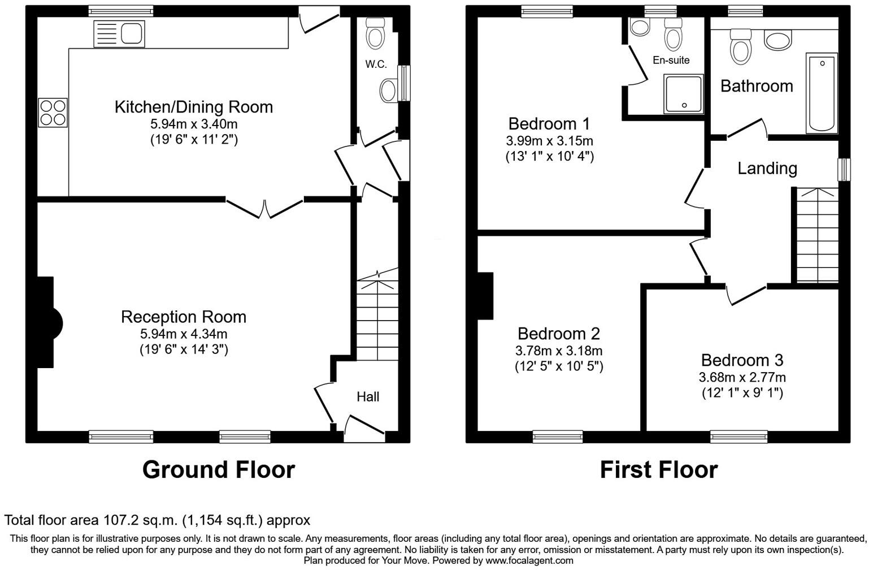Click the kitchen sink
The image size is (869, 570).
(x=119, y=33)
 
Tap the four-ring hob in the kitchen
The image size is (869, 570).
(x=53, y=112)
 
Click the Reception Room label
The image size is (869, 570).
(x=183, y=317)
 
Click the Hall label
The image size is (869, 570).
(x=368, y=397)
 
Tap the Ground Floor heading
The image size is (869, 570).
(x=218, y=470)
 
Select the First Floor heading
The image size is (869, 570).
(x=658, y=470)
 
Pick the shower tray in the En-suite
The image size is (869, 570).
(x=684, y=93)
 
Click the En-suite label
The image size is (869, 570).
(x=671, y=60)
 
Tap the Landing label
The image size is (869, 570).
(x=767, y=168)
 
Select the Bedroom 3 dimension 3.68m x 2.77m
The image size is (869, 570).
(x=742, y=377)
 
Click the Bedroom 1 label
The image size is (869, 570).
(x=549, y=123)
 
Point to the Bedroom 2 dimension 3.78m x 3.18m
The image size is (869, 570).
(x=558, y=351)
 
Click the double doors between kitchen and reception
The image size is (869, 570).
(x=264, y=208)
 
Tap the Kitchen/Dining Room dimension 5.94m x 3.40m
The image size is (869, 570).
(x=193, y=123)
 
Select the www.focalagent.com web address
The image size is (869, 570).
(x=529, y=560)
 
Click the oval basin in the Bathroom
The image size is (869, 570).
(x=778, y=40)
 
